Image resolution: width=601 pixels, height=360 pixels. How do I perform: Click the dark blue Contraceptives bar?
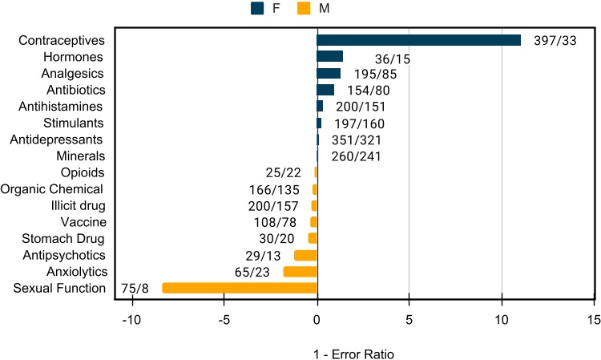point(418,40)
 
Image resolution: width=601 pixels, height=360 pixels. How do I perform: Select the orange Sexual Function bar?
point(240,288)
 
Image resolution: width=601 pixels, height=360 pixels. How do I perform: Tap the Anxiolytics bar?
point(300,272)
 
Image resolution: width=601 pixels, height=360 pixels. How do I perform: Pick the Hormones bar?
point(329,56)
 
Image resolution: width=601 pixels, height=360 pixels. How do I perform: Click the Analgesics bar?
point(329,73)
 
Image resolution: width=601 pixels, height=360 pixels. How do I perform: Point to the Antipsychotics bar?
point(305,255)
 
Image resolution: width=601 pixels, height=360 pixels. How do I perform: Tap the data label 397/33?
point(555,42)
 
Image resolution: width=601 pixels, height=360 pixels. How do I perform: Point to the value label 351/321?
point(356,140)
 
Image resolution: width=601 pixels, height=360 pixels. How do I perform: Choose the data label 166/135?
point(274,190)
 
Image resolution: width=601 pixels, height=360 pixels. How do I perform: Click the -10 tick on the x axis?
point(131,319)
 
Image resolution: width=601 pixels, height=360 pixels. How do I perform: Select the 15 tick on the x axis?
point(594,319)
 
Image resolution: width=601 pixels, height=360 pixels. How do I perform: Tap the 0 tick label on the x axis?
point(317,319)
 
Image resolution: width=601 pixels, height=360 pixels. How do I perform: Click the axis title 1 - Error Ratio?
point(353,353)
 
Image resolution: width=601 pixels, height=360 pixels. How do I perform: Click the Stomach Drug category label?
point(63,238)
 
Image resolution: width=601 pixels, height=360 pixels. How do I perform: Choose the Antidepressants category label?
point(56,140)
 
